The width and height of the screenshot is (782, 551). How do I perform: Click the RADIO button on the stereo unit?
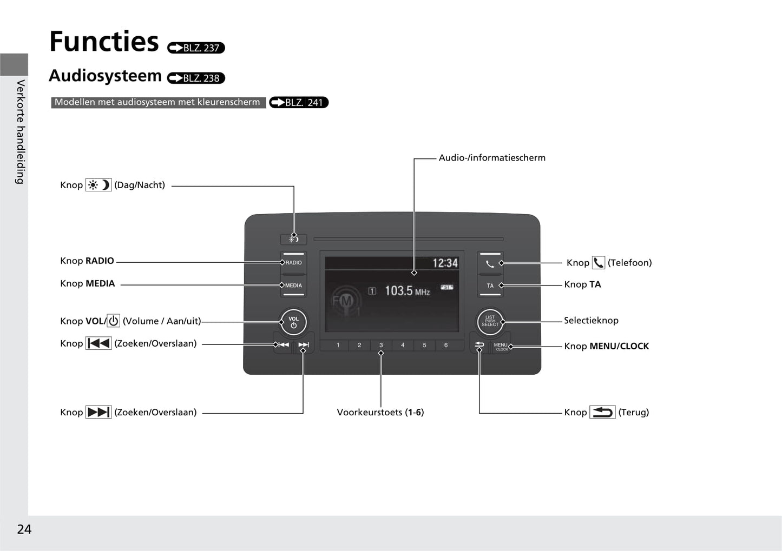click(x=294, y=263)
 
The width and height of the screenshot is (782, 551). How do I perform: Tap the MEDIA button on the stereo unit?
click(x=294, y=286)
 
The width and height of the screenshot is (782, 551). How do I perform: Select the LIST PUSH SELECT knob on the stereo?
click(x=490, y=321)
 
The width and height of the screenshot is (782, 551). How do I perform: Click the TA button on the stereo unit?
click(x=490, y=286)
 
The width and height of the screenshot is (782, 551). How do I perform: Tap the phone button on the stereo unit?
click(x=490, y=263)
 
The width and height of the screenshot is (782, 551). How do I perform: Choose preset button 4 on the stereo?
click(x=403, y=345)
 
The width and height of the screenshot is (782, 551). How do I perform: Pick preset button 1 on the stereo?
click(x=338, y=345)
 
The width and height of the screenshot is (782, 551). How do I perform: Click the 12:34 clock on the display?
click(x=445, y=263)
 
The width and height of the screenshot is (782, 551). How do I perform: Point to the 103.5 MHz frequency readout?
click(x=407, y=291)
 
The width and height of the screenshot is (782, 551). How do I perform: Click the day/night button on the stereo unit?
click(x=294, y=239)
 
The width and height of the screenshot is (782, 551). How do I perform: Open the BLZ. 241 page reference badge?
click(x=299, y=103)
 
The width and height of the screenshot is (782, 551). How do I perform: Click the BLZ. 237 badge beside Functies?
click(x=196, y=48)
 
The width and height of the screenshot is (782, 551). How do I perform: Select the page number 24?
click(x=24, y=529)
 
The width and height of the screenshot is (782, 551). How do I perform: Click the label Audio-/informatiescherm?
click(x=492, y=158)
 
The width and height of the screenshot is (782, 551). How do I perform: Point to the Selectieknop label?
click(x=591, y=321)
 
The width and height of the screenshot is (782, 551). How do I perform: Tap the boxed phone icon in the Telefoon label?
click(x=599, y=263)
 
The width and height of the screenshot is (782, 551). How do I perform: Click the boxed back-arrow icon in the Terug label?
click(x=602, y=412)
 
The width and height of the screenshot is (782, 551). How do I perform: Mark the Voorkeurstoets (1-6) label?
click(x=380, y=413)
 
